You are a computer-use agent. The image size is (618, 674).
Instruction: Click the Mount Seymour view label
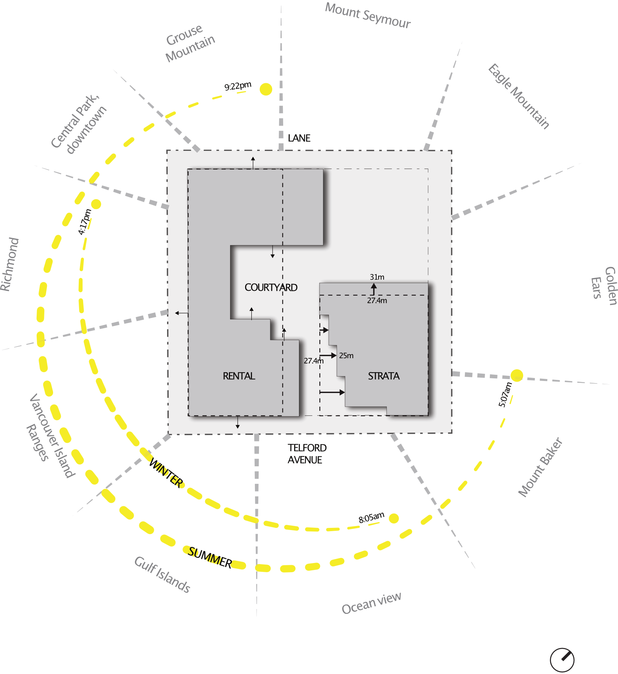[368, 15]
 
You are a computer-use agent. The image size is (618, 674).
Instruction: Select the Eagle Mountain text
[518, 97]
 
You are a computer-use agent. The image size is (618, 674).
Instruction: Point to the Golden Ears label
[603, 286]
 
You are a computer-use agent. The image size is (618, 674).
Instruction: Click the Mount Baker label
[540, 467]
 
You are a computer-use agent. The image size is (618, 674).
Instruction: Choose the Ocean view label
[371, 603]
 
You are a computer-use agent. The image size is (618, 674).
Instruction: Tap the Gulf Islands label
[162, 574]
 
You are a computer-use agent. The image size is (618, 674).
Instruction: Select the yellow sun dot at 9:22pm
[266, 89]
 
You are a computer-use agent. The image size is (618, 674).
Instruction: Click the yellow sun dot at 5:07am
[517, 375]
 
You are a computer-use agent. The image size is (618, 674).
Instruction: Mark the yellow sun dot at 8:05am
[394, 518]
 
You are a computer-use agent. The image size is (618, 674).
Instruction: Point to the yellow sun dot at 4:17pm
[96, 204]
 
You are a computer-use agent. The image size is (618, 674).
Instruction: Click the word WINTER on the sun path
[166, 473]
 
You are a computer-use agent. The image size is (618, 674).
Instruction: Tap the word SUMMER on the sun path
[210, 558]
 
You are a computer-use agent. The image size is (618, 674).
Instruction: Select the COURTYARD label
[271, 288]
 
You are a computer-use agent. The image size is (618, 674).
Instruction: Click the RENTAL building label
[239, 376]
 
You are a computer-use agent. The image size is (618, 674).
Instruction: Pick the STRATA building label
[384, 376]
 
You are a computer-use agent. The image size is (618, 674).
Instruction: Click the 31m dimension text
[377, 277]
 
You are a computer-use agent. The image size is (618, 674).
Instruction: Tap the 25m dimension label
[346, 356]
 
